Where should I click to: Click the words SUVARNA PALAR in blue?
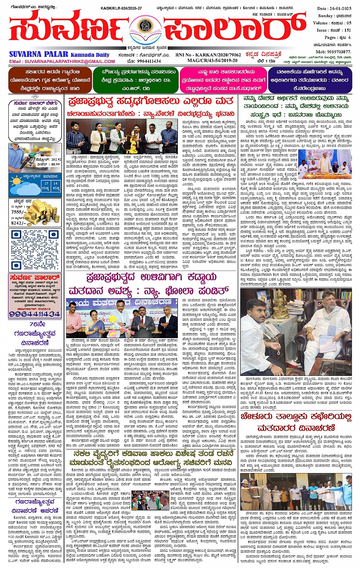(38, 54)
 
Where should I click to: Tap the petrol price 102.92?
(53, 160)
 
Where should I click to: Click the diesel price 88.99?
(55, 164)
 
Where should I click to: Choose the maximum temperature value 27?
(46, 183)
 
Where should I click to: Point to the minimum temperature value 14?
(56, 183)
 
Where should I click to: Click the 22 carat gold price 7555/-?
(19, 212)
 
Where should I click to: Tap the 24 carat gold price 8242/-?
(19, 223)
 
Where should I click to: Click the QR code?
(35, 249)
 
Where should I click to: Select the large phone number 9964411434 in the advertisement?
(35, 314)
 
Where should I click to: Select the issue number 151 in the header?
(347, 30)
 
